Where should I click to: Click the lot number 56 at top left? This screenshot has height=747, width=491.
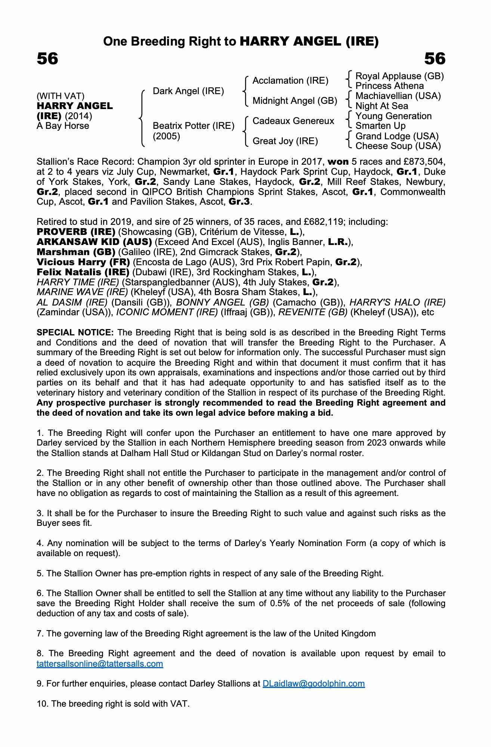tap(47, 59)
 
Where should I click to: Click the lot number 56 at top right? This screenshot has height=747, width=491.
tap(435, 59)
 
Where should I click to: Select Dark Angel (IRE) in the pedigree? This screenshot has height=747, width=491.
tap(188, 91)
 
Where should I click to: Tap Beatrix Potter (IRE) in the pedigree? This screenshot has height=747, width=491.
tap(194, 125)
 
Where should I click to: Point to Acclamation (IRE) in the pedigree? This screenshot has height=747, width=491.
tap(290, 81)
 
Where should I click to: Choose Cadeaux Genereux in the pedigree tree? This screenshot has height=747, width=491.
tap(293, 121)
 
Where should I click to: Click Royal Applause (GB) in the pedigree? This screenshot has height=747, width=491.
tap(399, 76)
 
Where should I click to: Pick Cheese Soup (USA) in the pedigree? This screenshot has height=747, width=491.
tap(398, 146)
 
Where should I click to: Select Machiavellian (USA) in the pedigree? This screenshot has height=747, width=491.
tap(398, 96)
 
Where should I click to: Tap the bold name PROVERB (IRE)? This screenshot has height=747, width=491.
tap(76, 232)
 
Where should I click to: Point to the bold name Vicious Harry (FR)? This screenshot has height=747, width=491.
tap(83, 262)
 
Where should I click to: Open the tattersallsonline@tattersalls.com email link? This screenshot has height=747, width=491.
tap(100, 664)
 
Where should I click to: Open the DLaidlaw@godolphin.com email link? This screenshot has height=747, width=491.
tap(314, 684)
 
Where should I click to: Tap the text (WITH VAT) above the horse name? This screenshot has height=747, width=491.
tap(61, 96)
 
